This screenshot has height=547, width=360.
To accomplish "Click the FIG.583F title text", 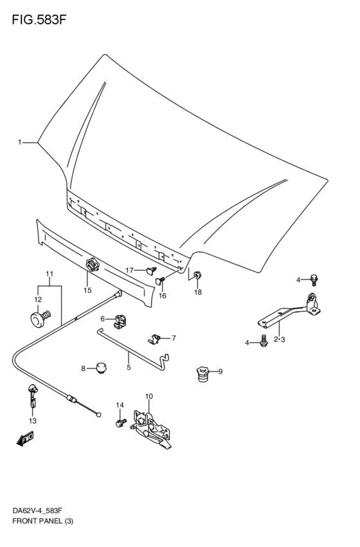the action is [x=39, y=20].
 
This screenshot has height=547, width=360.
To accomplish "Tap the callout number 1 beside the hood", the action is [x=20, y=142].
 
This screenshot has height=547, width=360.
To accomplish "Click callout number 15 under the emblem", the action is [x=87, y=290].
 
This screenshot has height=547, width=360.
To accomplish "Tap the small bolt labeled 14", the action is [x=120, y=423].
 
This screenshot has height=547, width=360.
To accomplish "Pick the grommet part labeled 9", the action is [x=202, y=373].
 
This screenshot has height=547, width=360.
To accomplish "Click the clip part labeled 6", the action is [x=120, y=321].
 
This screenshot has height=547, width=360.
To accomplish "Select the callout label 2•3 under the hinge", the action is [x=280, y=339].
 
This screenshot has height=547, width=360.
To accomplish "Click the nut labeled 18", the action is [x=197, y=276].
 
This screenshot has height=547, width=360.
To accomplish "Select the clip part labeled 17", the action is [x=152, y=271].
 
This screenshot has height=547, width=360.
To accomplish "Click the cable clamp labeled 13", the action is [x=33, y=396].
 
